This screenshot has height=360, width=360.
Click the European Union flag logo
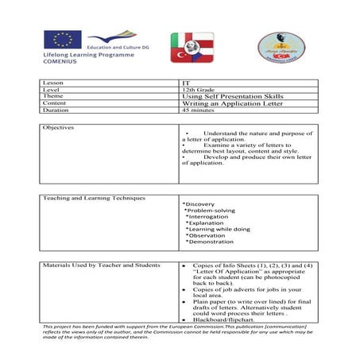tap(63, 40)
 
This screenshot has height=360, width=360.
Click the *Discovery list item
tap(199, 204)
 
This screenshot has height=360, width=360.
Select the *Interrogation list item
tap(207, 217)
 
